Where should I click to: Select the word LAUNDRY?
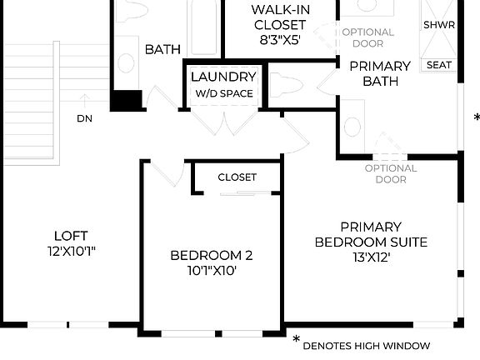[222, 77]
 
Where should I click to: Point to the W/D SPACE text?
[223, 93]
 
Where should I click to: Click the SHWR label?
[439, 25]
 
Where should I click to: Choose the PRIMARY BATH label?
[379, 73]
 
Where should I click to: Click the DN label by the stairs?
[85, 118]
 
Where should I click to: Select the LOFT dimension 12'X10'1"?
[71, 251]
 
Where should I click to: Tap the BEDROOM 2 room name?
[211, 256]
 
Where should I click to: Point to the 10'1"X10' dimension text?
[211, 272]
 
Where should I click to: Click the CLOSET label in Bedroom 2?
[237, 177]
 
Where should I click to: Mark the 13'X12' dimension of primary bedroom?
[370, 257]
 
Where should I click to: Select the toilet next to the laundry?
[287, 85]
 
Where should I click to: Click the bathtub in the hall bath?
[203, 29]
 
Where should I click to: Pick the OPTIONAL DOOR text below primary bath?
[391, 173]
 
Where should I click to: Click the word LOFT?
[71, 236]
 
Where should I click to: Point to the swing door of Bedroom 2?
[172, 172]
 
